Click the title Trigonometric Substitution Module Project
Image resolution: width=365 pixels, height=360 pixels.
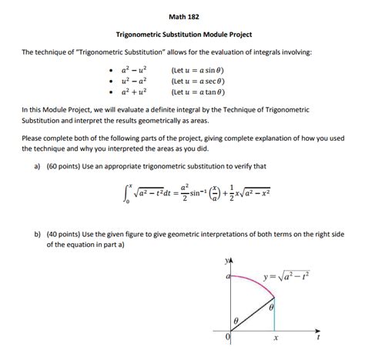(x=183, y=34)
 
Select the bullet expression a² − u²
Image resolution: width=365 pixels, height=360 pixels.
(x=134, y=68)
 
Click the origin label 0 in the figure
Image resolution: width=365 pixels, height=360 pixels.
(x=229, y=338)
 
